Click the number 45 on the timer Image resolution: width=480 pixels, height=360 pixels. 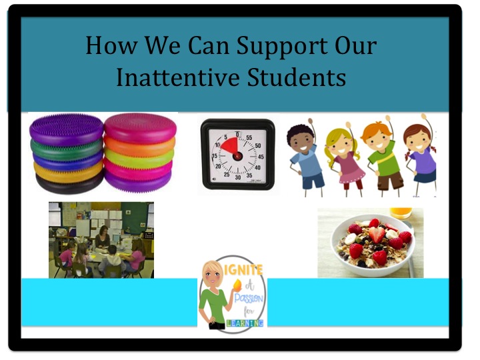coord(260,157)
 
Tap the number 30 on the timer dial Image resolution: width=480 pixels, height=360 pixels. coord(237,179)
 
